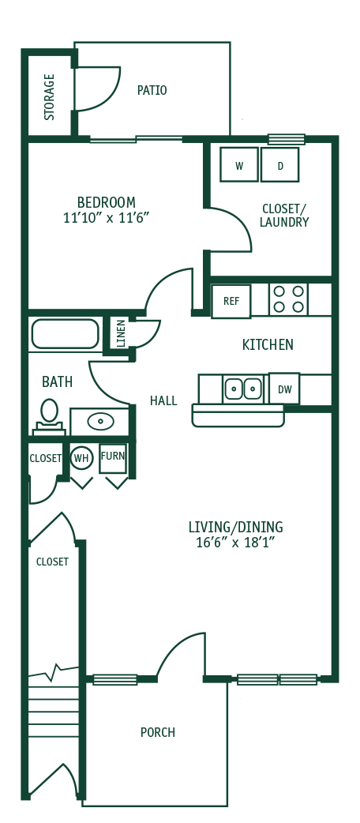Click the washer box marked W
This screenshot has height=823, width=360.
[x=238, y=165]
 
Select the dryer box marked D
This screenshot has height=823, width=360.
[x=279, y=165]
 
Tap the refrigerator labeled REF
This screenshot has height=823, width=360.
[x=231, y=301]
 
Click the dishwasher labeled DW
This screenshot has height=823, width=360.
[x=283, y=389]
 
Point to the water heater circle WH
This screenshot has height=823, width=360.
[x=81, y=457]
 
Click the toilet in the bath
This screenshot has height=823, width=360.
[x=49, y=415]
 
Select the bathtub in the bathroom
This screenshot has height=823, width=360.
[x=65, y=334]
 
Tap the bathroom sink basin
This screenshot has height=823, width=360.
[x=100, y=421]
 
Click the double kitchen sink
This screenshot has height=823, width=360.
[x=243, y=389]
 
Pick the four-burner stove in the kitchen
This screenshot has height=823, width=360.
[x=287, y=299]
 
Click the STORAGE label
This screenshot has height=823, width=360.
[x=50, y=97]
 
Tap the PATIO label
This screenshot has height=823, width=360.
[x=152, y=91]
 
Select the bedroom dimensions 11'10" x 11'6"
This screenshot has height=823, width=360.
[x=106, y=218]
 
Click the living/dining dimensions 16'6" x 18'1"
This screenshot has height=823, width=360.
[x=234, y=543]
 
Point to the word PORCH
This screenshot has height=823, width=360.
[x=157, y=732]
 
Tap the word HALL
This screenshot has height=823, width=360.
[x=163, y=401]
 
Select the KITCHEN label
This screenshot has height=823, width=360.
[x=268, y=345]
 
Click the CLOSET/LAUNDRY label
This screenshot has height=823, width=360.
[x=283, y=216]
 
